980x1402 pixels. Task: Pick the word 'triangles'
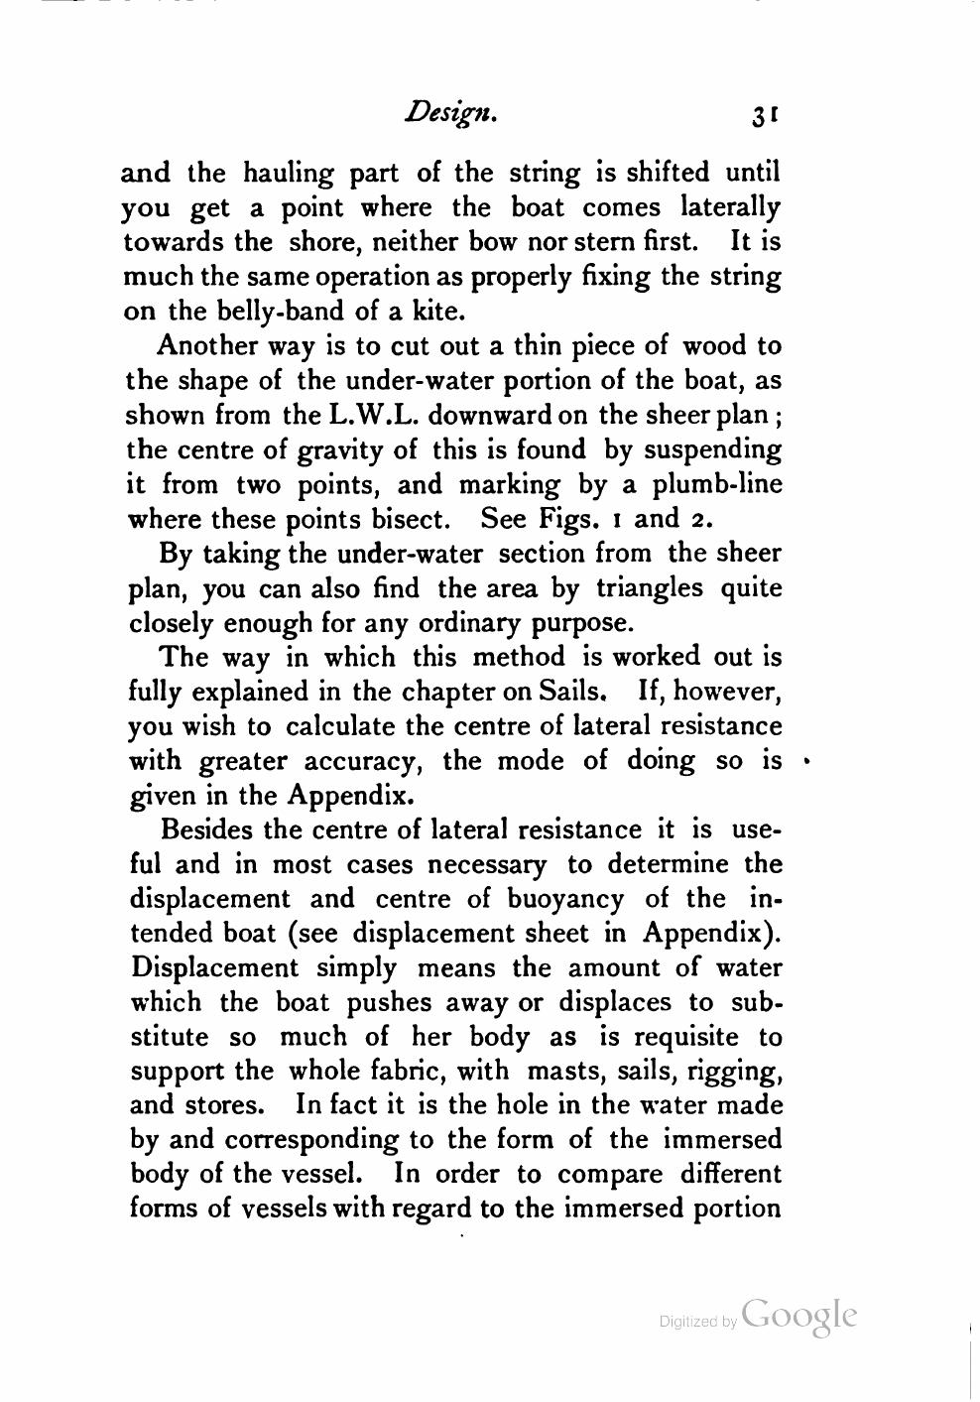[650, 588]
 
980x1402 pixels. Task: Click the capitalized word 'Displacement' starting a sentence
[213, 968]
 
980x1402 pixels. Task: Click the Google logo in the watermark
[798, 1315]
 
